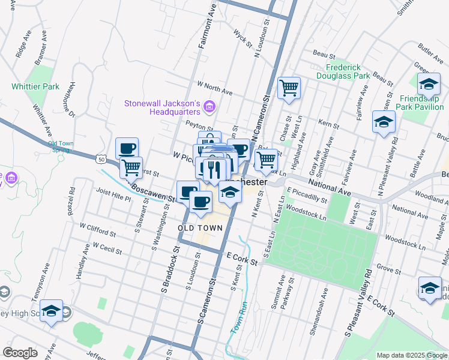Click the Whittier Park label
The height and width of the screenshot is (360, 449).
(35, 86)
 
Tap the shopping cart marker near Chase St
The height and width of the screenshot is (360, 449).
(289, 88)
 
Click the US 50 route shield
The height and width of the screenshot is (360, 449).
(101, 158)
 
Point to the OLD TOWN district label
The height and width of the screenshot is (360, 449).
(200, 228)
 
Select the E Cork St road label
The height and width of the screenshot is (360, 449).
(242, 259)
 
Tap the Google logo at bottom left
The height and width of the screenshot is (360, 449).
(20, 353)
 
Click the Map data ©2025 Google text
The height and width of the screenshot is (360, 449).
(411, 355)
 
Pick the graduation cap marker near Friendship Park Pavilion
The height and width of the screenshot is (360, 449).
(429, 84)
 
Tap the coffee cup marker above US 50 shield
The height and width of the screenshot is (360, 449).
(127, 148)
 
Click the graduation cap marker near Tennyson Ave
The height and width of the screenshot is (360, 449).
(52, 311)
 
